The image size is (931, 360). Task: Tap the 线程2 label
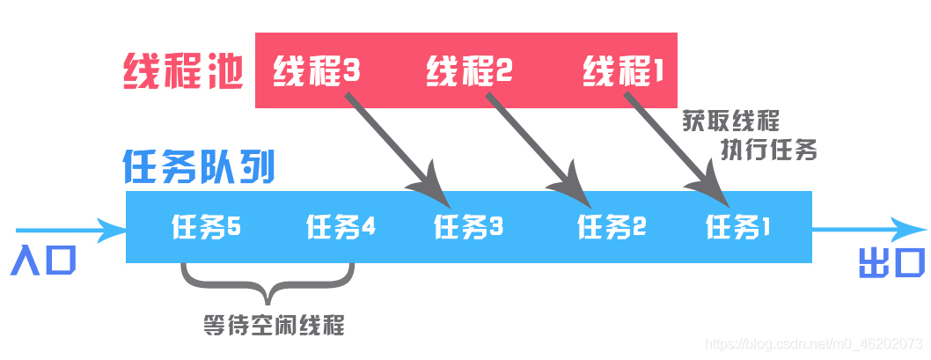[x=468, y=71]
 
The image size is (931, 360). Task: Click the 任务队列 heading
[x=198, y=166]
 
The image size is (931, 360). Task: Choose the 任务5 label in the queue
[x=206, y=227]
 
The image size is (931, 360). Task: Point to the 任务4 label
[x=341, y=227]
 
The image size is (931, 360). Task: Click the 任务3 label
[x=468, y=228]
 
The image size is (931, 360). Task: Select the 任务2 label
[x=612, y=228]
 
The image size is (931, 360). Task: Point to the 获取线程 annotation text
[x=730, y=121]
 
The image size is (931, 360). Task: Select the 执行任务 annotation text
[x=770, y=150]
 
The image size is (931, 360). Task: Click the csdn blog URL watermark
[x=815, y=342]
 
